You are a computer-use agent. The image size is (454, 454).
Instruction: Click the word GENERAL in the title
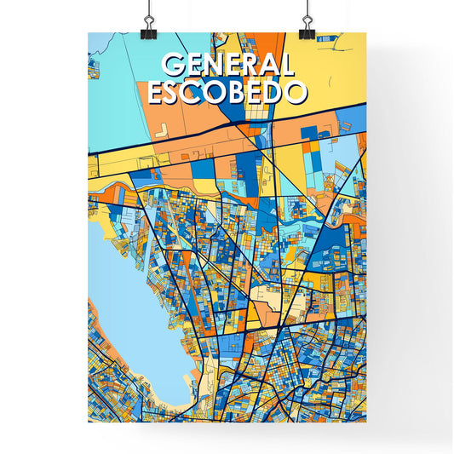tap(227, 66)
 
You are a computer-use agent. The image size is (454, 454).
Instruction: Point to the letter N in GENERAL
tap(210, 66)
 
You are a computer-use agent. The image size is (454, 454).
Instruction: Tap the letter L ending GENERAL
tap(288, 66)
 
